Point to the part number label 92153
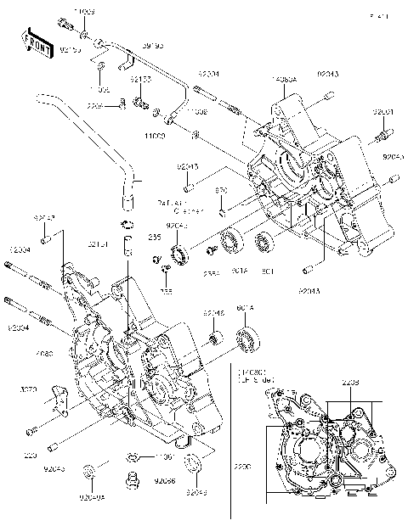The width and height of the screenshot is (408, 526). click(x=141, y=79)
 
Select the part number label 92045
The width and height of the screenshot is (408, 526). click(x=213, y=313)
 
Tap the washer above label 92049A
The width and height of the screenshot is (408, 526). click(x=89, y=470)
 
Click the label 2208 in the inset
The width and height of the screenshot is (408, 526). click(x=351, y=383)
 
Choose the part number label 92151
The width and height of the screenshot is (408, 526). click(x=97, y=244)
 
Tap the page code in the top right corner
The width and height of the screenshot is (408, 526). click(x=379, y=16)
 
